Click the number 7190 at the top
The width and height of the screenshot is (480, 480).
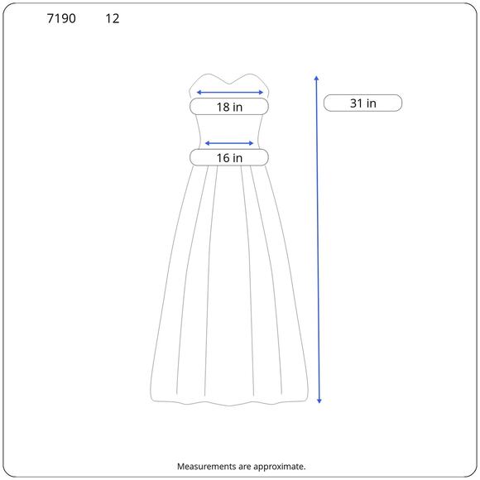61,18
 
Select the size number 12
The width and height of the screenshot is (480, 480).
113,18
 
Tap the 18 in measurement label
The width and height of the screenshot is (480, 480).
229,107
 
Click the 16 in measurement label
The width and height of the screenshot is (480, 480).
229,158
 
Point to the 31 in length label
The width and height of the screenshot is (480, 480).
362,103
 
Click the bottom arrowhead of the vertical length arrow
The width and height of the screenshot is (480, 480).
319,401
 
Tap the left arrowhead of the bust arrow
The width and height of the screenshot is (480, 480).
198,92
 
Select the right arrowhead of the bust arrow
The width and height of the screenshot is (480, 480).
262,92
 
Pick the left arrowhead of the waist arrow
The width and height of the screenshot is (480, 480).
207,143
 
